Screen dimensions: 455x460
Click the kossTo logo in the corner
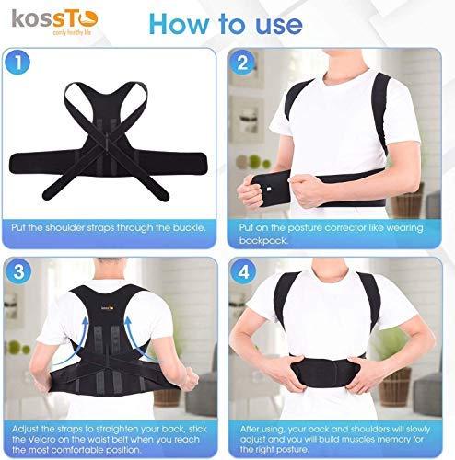54,22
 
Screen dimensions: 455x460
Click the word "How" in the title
179,24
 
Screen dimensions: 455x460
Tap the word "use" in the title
279,25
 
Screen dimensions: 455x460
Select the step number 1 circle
17,63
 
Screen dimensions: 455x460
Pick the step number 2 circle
242,63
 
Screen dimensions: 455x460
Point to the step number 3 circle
18,271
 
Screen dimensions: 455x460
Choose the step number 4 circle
243,271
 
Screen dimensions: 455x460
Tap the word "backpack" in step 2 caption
263,241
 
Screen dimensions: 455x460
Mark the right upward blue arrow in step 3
138,338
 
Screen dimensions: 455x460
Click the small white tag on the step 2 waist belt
269,190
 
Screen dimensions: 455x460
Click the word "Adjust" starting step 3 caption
25,429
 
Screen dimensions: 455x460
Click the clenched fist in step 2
305,190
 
